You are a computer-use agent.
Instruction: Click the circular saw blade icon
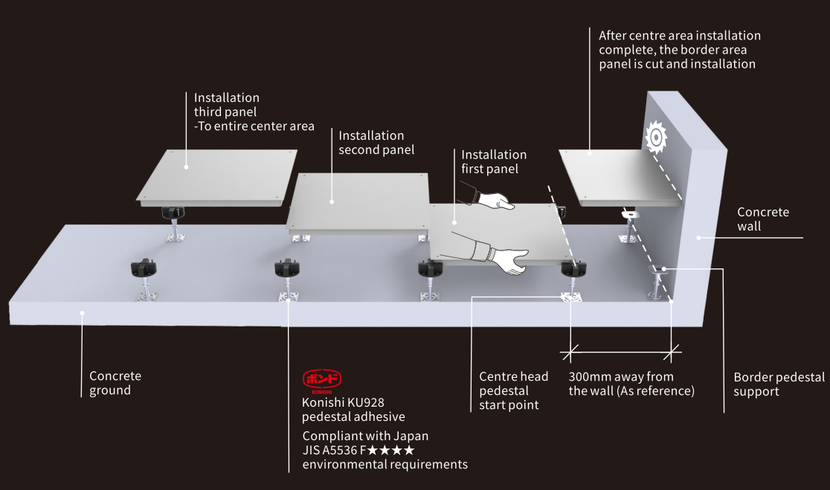pyautogui.click(x=655, y=138)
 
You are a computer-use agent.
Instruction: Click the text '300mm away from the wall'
pyautogui.click(x=631, y=384)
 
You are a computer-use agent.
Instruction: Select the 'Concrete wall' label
pyautogui.click(x=763, y=219)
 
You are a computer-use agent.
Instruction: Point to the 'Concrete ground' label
pyautogui.click(x=115, y=383)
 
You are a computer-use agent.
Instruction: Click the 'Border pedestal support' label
pyautogui.click(x=779, y=384)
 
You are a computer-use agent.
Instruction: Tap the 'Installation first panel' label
pyautogui.click(x=494, y=161)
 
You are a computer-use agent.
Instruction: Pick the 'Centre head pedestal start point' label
pyautogui.click(x=513, y=390)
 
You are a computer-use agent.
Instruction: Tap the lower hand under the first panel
pyautogui.click(x=510, y=257)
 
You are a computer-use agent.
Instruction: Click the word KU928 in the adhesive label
pyautogui.click(x=366, y=402)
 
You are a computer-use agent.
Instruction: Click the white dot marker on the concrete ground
pyautogui.click(x=83, y=313)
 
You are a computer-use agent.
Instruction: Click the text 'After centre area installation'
pyautogui.click(x=680, y=36)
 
